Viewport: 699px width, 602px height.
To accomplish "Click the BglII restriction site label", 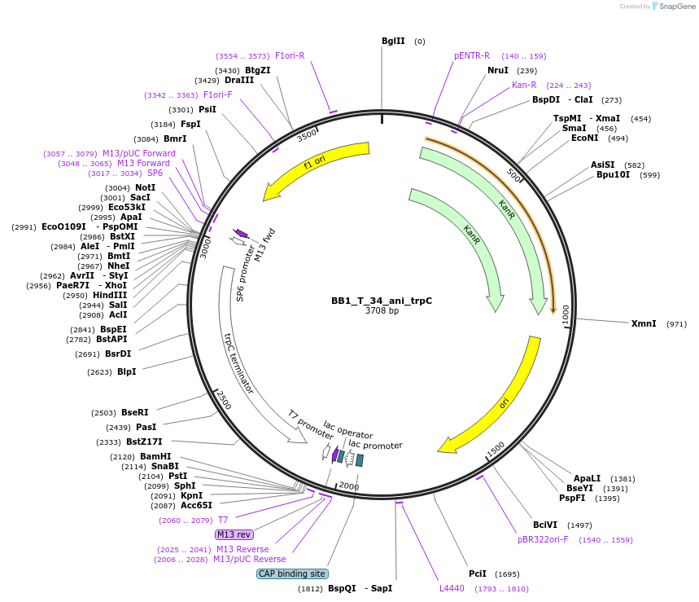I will point(393,41).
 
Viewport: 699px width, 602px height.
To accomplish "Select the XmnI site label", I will point(644,323).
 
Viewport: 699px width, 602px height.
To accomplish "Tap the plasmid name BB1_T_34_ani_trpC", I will point(382,301).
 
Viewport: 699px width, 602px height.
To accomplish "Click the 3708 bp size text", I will point(382,310).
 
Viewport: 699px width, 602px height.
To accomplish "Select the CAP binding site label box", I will point(292,573).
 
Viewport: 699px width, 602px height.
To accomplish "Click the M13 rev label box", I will point(234,534).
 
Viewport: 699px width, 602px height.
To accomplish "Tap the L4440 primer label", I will point(452,587).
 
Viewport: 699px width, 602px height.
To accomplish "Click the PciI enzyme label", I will point(478,573).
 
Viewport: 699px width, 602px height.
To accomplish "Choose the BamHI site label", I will point(155,456).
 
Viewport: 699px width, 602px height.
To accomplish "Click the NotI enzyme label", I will point(145,187).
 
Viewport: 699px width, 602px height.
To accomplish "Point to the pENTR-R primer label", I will point(472,55).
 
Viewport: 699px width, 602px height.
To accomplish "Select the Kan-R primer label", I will point(524,85).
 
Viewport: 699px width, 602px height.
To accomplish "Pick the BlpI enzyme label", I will point(126,371).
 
